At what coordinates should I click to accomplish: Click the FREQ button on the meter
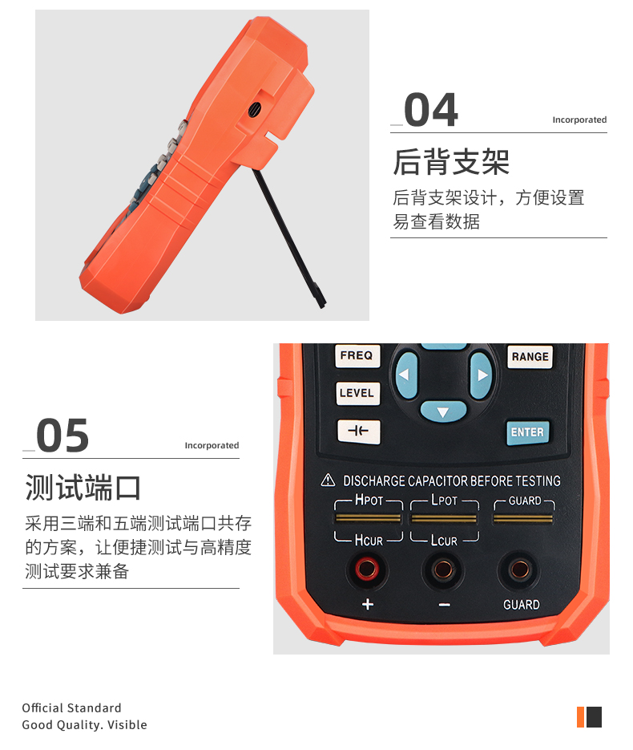(x=357, y=355)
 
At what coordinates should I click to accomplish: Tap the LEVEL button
(x=357, y=393)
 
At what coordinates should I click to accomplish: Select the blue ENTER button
(x=526, y=432)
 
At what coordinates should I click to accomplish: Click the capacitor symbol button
(x=357, y=431)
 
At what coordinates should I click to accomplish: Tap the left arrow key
(x=405, y=375)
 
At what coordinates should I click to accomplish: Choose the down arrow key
(x=442, y=412)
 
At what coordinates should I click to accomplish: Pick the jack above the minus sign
(x=443, y=570)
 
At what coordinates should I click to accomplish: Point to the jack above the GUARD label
(x=520, y=570)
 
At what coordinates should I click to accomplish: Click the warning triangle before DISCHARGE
(x=328, y=480)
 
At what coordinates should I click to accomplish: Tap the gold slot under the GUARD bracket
(x=522, y=519)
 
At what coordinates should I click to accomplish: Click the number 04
(x=430, y=111)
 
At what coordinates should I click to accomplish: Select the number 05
(x=62, y=436)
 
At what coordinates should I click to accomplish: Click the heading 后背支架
(x=451, y=162)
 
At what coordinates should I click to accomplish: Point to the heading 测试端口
(x=83, y=488)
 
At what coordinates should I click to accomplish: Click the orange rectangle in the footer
(x=580, y=716)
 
